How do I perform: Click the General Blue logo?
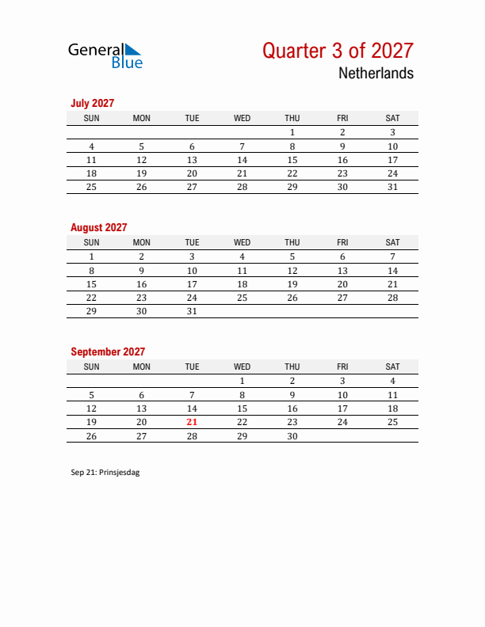(x=105, y=55)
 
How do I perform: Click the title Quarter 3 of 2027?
(x=338, y=51)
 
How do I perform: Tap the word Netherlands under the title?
(x=376, y=74)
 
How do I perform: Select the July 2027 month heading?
(x=93, y=103)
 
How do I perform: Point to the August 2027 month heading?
(x=98, y=227)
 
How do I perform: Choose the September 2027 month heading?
(x=108, y=351)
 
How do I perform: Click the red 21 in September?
(x=192, y=422)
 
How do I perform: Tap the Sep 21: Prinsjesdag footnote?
(x=105, y=472)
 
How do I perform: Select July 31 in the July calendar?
(x=392, y=187)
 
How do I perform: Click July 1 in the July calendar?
(x=292, y=133)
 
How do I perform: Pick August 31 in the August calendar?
(x=192, y=311)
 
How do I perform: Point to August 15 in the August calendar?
(x=92, y=284)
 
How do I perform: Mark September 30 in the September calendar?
(x=292, y=436)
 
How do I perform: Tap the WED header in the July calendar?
(x=242, y=118)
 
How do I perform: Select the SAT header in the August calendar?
(x=392, y=242)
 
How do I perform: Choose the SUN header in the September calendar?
(x=92, y=367)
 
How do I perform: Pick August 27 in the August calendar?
(x=342, y=298)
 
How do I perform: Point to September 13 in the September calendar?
(x=142, y=408)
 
